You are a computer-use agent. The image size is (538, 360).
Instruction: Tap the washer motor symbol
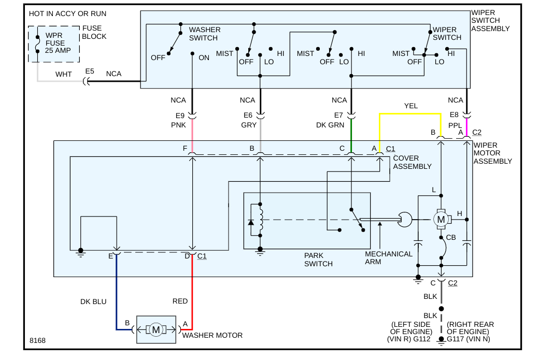pyautogui.click(x=155, y=329)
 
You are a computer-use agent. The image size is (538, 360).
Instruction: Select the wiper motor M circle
pyautogui.click(x=441, y=220)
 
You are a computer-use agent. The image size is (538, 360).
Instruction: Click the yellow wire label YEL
pyautogui.click(x=411, y=106)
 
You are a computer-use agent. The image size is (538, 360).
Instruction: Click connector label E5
pyautogui.click(x=90, y=71)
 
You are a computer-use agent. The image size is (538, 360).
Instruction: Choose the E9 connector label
pyautogui.click(x=179, y=116)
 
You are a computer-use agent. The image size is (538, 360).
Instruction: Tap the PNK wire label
pyautogui.click(x=178, y=125)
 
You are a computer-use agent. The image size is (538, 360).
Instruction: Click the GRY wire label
pyautogui.click(x=249, y=125)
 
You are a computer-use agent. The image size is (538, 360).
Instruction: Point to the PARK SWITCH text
pyautogui.click(x=318, y=260)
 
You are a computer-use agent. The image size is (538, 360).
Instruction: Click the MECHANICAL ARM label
pyautogui.click(x=389, y=257)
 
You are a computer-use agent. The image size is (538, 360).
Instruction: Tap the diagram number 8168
pyautogui.click(x=37, y=340)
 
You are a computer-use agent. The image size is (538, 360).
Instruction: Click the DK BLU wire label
pyautogui.click(x=93, y=301)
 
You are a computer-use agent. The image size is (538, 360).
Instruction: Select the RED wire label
pyautogui.click(x=180, y=301)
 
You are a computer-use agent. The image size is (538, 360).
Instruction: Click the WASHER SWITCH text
pyautogui.click(x=205, y=34)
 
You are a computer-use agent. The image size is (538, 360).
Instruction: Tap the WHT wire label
pyautogui.click(x=64, y=74)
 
